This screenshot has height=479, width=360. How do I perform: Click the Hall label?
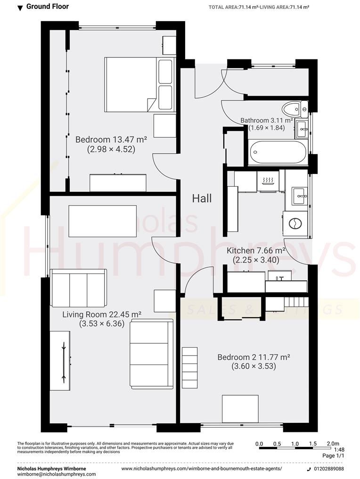click(202, 198)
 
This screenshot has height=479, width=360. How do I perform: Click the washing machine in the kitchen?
click(295, 222)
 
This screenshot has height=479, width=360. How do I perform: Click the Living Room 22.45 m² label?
click(102, 314)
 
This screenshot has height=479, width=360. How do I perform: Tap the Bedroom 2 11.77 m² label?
click(253, 357)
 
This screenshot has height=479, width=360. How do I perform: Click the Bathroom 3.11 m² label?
click(267, 120)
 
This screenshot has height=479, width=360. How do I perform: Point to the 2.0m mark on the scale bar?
click(333, 444)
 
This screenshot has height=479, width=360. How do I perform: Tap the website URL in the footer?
click(202, 469)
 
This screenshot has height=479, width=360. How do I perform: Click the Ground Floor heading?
click(47, 7)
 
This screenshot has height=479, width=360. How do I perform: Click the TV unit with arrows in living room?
click(62, 361)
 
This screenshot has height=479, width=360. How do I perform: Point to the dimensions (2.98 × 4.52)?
click(111, 149)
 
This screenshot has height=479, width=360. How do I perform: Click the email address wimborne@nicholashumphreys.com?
click(57, 474)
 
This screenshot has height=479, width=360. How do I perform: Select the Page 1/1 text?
click(334, 456)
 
